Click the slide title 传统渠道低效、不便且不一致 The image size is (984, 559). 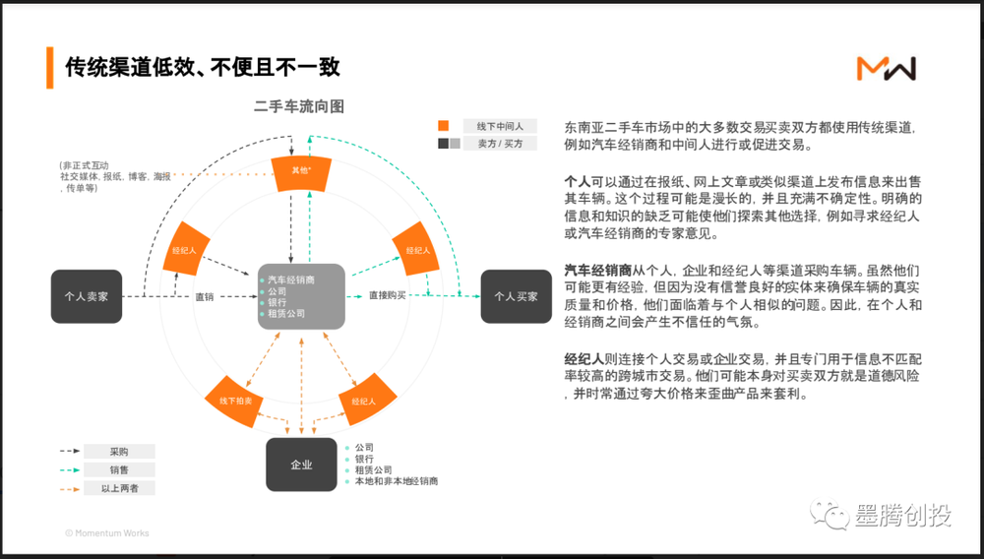coord(203,67)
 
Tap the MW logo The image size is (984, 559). coord(886,68)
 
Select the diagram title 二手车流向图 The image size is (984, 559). coord(299,106)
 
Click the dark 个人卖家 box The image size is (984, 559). coord(87,295)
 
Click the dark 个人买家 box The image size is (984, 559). coord(516,295)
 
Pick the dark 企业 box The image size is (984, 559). coord(301,465)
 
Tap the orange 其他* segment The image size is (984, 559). coord(301,170)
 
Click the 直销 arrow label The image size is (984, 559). coord(205,296)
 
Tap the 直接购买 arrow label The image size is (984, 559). coord(388,295)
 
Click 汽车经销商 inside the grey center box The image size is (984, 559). coord(291,280)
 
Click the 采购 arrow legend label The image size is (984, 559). coord(119,452)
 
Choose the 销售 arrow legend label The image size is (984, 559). coord(119,469)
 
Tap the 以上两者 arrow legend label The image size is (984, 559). coord(119,488)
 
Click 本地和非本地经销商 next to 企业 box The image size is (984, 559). coord(396,482)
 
